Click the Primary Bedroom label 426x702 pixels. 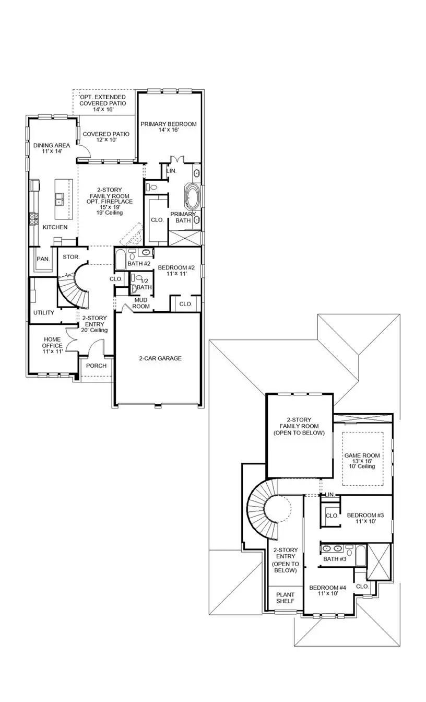coord(169,127)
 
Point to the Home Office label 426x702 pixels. coord(52,346)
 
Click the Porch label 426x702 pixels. coord(96,366)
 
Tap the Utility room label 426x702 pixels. coord(44,313)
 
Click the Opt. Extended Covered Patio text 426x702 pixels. coord(102,103)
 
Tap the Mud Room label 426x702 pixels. coord(141,303)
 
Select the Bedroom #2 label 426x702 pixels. coord(176,271)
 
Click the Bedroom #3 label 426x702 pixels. coord(365,519)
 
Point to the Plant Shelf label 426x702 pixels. coord(285,598)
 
